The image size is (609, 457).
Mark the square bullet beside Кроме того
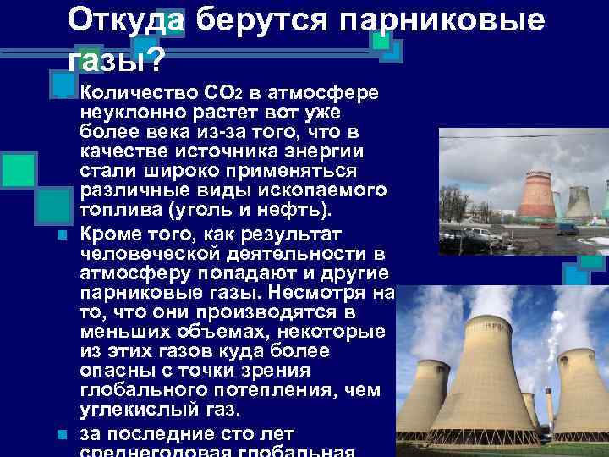(63, 232)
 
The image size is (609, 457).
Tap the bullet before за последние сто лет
(63, 435)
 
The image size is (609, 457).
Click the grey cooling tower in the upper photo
(579, 203)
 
